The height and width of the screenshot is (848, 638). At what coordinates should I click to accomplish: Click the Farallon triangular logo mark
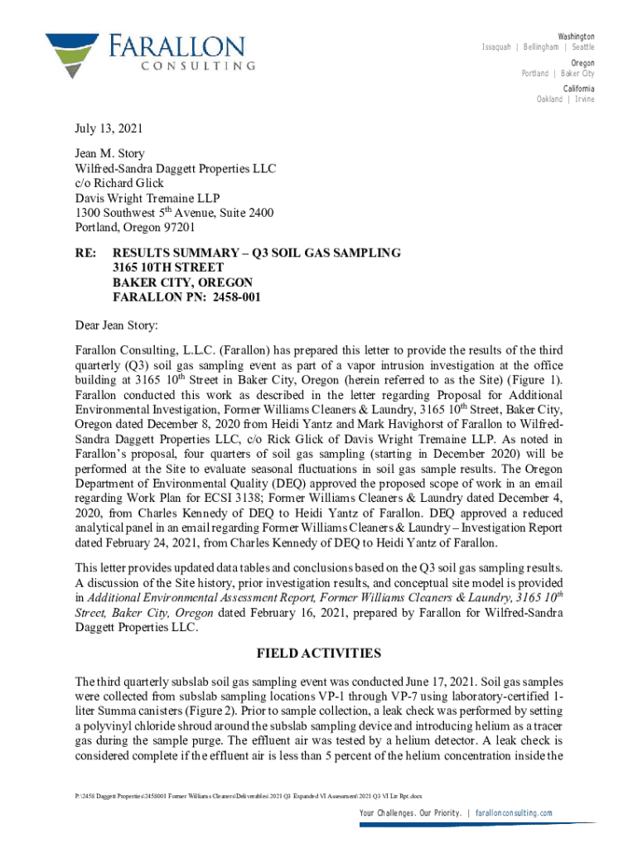[72, 54]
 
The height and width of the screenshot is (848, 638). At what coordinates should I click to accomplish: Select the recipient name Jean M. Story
[109, 153]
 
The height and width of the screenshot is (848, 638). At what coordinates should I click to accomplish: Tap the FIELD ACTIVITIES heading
[318, 653]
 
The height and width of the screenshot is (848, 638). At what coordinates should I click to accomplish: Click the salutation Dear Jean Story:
[116, 324]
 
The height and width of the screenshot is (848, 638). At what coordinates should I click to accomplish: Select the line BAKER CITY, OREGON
[182, 282]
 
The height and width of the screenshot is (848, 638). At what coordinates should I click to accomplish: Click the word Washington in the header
[576, 37]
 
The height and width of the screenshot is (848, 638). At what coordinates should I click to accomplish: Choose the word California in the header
[578, 89]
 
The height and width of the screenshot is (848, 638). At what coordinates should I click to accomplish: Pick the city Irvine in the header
[584, 99]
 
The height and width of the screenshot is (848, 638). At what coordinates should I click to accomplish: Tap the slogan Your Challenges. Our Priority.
[411, 813]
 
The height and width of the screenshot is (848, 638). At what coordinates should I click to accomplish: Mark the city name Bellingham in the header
[539, 47]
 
